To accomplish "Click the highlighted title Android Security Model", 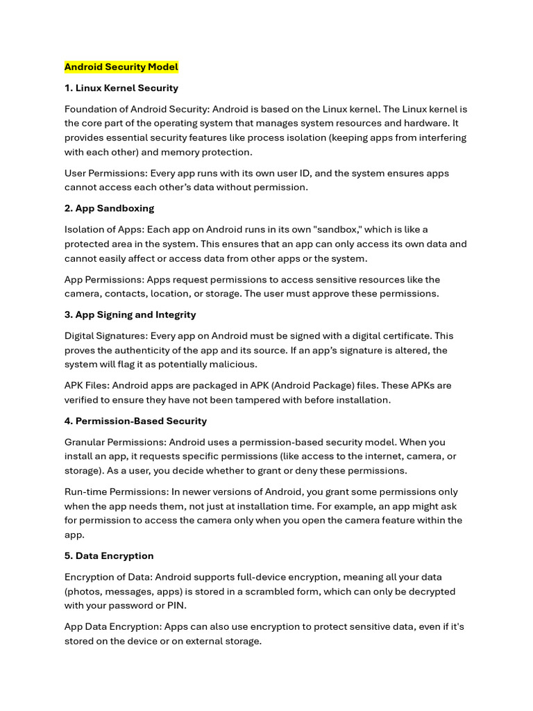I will click(x=121, y=67).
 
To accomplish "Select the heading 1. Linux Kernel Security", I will click(x=121, y=88).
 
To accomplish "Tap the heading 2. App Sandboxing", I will click(x=109, y=208).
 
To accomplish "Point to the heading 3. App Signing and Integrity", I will click(x=130, y=315).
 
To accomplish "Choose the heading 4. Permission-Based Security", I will click(x=135, y=421).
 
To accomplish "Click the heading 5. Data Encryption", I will click(x=109, y=555).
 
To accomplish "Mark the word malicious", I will click(x=234, y=365).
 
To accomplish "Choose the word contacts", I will click(x=124, y=294).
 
